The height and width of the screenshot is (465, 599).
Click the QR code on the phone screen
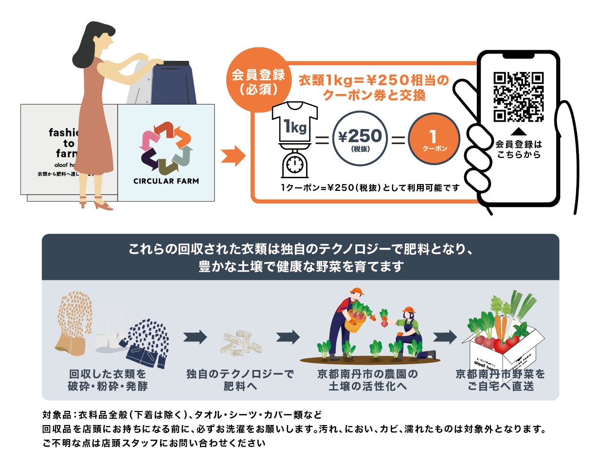pos(518,97)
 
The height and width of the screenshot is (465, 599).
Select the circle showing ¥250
pos(360,138)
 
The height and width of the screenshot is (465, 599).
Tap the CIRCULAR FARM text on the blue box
pos(166,181)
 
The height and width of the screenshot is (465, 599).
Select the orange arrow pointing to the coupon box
pos(233,155)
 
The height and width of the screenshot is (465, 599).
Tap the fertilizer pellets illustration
pos(243,342)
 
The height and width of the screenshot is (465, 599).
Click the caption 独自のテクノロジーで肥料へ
pos(240,380)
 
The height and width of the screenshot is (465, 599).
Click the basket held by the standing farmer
pos(355,321)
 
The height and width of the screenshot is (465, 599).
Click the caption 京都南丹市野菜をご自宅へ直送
pos(500,380)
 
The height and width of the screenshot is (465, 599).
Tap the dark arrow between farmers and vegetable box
pos(445,336)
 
